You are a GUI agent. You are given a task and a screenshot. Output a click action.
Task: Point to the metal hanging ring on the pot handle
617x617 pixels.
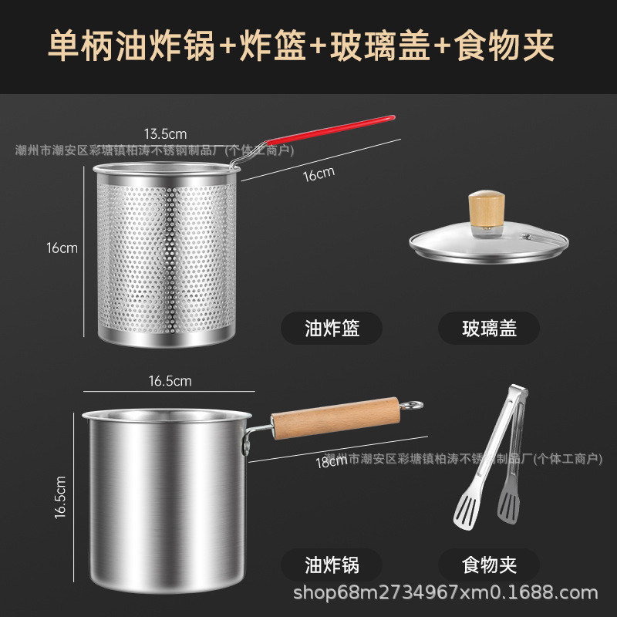[x=413, y=404]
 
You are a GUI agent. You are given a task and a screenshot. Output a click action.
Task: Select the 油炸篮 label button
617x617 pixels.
[x=332, y=329]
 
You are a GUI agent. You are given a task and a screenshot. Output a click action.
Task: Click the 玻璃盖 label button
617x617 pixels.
[x=489, y=329]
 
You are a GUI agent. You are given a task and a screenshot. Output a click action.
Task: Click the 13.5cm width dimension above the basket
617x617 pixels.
[x=166, y=133]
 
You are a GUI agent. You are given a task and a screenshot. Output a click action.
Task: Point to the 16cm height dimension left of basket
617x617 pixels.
[x=62, y=248]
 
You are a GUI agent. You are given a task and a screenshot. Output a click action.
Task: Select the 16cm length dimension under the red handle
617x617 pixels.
[x=318, y=174]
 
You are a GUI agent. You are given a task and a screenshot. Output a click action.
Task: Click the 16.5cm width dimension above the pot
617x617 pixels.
[x=170, y=380]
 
